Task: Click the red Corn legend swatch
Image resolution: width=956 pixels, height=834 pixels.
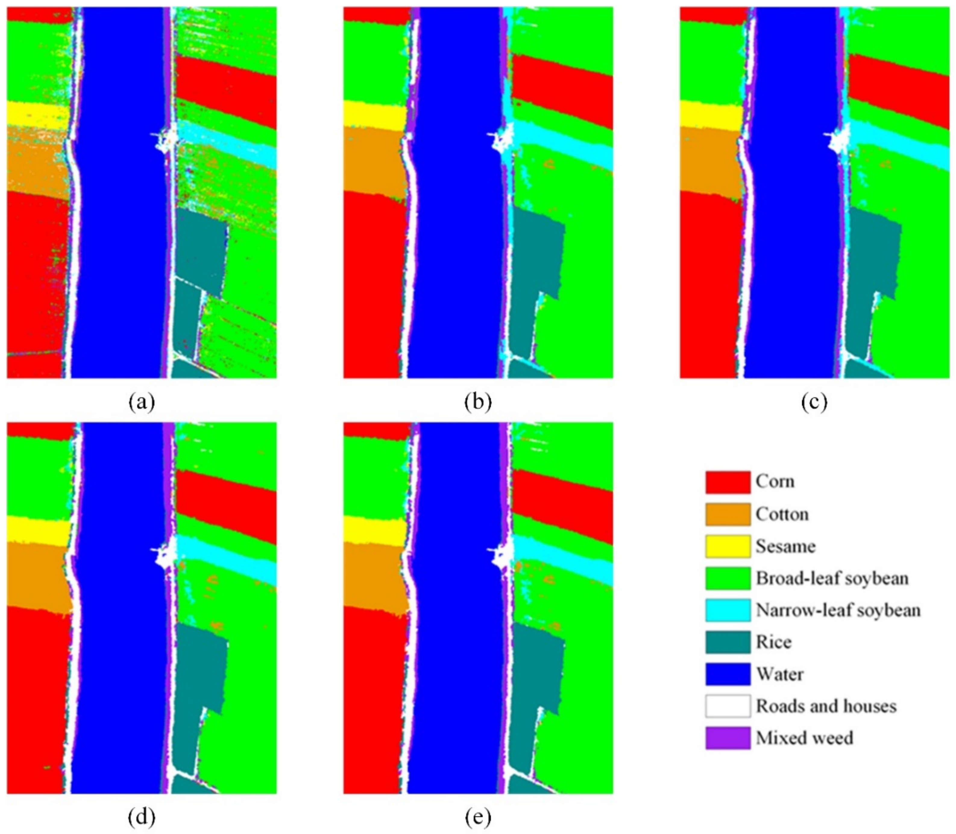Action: tap(728, 482)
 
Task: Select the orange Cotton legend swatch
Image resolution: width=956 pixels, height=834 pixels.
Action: tap(728, 514)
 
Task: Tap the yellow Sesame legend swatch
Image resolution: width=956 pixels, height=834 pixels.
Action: tap(728, 546)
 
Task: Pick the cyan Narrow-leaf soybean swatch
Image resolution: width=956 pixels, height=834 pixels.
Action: tap(728, 610)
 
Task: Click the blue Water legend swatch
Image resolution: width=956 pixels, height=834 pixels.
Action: tap(728, 674)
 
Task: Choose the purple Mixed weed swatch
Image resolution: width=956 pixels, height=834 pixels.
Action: tap(728, 738)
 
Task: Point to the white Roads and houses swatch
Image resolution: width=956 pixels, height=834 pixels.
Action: tap(728, 706)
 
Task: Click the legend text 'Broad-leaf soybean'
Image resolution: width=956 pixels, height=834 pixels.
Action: tap(832, 578)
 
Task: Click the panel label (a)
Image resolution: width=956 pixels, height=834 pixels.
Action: tap(141, 401)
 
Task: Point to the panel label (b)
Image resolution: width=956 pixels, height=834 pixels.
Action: tap(478, 401)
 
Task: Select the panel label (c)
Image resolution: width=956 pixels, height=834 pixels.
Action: tap(815, 401)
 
